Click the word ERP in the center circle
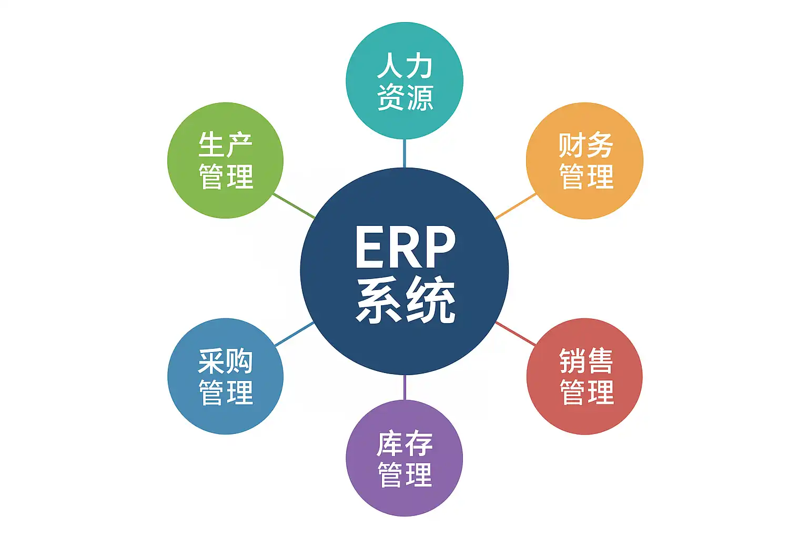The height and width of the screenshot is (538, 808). pos(405,247)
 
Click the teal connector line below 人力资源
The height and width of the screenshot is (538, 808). pos(405,153)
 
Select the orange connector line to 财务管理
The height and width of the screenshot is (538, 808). pos(516,206)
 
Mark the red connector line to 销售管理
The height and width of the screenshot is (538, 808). pos(516,334)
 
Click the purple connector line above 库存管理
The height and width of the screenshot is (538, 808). pos(405,388)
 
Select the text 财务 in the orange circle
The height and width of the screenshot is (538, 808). pos(585,145)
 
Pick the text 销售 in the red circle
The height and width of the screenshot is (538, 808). pos(585,361)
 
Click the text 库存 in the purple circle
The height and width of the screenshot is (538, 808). pos(405,444)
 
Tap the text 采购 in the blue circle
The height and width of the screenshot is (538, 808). pos(226,361)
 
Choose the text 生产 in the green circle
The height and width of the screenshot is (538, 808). pos(226,145)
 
